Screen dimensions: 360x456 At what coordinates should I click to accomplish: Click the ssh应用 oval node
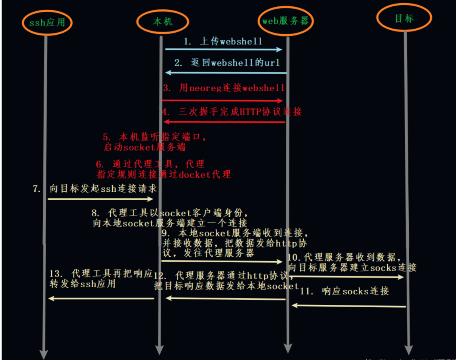tap(47, 22)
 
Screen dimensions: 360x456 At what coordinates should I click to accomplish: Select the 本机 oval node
tap(162, 21)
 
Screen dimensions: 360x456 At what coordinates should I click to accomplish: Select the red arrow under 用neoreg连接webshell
tap(223, 100)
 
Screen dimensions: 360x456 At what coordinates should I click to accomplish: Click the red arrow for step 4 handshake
tap(224, 122)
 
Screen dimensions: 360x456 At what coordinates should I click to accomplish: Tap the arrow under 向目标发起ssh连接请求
tap(101, 199)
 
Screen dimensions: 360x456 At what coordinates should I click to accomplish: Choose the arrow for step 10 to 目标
tap(347, 277)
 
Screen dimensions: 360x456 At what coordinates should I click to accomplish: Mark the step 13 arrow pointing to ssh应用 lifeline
tap(101, 299)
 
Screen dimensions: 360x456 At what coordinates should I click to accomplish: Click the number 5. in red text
tap(106, 136)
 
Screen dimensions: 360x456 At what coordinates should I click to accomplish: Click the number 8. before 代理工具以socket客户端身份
tap(95, 213)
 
